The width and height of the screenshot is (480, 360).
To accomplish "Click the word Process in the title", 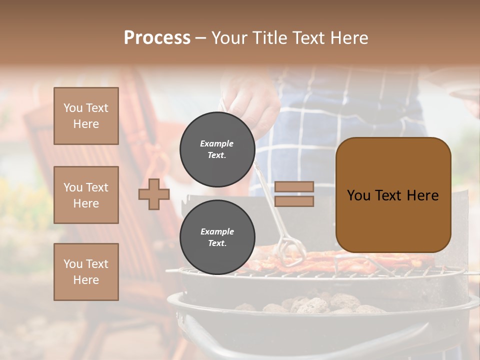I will click(157, 38).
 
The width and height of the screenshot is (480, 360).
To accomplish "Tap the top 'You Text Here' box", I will click(86, 116).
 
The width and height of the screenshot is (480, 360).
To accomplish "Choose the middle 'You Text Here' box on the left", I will click(86, 195).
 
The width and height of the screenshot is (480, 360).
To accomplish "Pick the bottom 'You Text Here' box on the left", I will click(86, 272).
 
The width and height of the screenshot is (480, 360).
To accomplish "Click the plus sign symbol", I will click(154, 194).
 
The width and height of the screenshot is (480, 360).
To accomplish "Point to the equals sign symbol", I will click(294, 194).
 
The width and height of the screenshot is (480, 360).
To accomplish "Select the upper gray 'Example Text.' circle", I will click(217, 149).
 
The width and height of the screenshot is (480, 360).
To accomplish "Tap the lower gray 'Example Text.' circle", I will click(217, 237).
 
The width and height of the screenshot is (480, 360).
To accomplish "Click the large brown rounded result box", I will click(393, 195).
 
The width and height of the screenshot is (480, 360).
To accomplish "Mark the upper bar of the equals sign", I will click(294, 187).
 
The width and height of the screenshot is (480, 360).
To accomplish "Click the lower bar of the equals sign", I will click(294, 201).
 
